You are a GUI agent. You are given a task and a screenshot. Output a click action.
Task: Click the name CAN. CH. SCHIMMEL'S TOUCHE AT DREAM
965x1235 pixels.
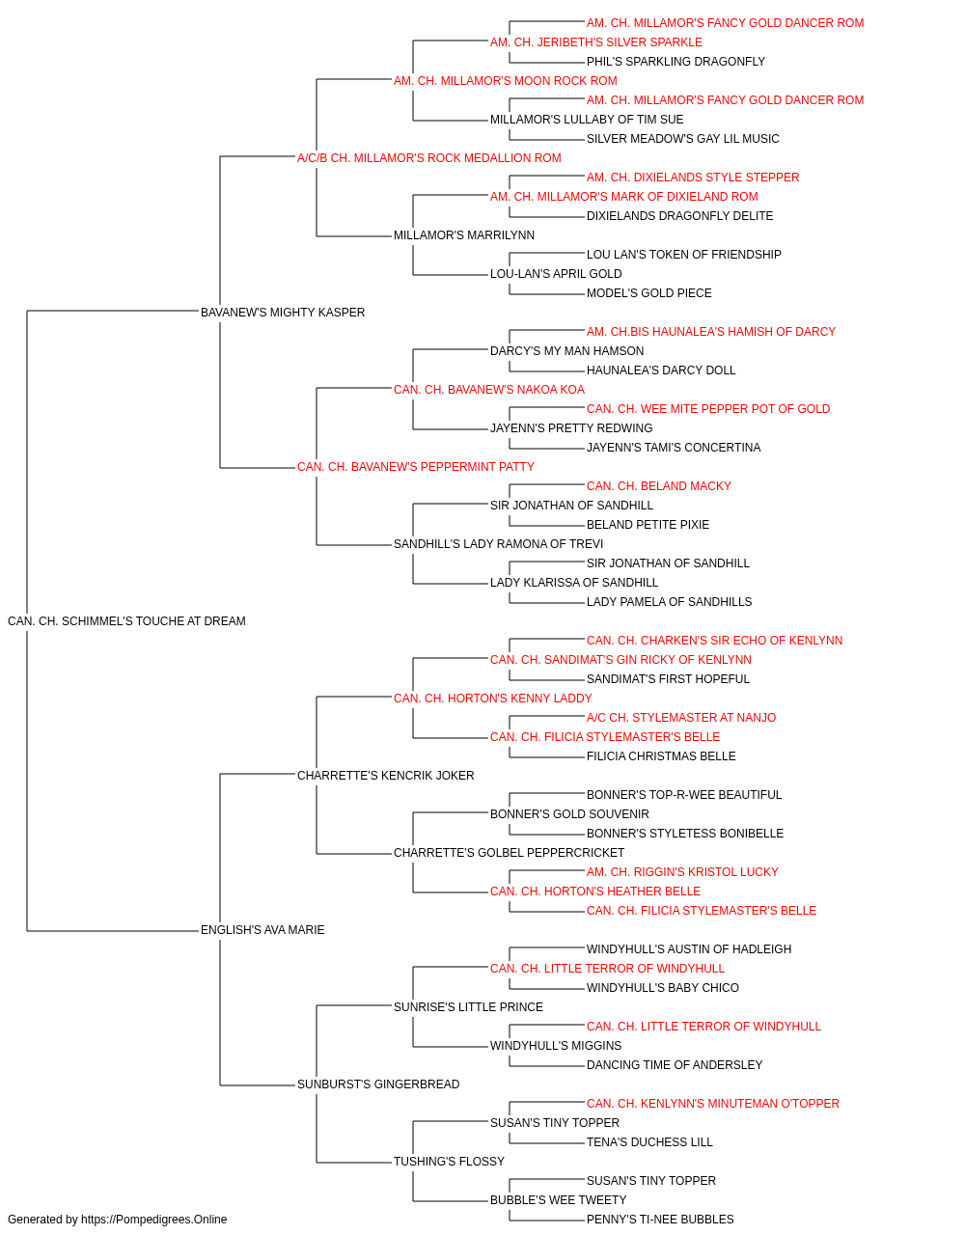pos(126,621)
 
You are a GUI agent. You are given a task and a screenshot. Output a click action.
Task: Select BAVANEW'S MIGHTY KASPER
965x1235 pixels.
pos(283,313)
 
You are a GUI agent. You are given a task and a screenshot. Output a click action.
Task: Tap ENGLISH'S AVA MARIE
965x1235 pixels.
pos(262,930)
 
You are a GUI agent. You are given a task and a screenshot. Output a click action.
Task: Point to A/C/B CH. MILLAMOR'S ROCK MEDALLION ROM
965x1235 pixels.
pos(429,158)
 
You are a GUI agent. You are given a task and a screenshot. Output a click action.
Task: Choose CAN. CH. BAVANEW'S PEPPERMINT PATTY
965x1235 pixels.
pos(416,467)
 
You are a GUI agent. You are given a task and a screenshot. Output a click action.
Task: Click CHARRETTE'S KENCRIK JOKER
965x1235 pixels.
pos(385,776)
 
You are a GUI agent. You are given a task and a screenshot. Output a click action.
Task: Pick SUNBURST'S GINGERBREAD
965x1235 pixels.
pos(378,1084)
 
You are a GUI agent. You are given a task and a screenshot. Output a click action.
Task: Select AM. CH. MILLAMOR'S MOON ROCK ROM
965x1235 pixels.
pos(506,81)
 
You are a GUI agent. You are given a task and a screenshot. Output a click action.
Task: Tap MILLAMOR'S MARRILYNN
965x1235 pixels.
pos(464,235)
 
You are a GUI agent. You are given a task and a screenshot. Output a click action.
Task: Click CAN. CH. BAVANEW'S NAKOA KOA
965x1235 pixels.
pos(488,390)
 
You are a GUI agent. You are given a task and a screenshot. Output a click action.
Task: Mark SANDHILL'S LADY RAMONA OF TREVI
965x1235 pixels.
pos(498,544)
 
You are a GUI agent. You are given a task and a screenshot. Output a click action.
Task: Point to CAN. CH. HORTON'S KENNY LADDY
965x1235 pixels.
pos(493,699)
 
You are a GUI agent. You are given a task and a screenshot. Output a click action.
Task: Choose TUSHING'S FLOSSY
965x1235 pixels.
pos(449,1162)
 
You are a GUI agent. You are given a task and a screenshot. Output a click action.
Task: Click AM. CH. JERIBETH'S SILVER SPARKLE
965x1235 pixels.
pos(596,42)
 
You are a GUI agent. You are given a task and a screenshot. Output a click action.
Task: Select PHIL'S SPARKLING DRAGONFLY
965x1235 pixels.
pos(675,62)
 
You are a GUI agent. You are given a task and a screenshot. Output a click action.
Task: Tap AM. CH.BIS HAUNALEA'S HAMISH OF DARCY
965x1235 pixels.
pos(711,332)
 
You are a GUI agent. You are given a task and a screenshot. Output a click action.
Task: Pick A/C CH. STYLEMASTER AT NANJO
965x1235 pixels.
pos(681,718)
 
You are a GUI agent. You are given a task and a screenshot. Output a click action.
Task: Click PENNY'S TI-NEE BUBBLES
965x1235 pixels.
pos(660,1220)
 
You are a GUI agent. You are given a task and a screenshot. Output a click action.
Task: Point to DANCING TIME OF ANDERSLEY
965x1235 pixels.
pos(675,1065)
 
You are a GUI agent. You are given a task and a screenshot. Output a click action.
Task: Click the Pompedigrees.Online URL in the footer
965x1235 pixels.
pos(154,1220)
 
